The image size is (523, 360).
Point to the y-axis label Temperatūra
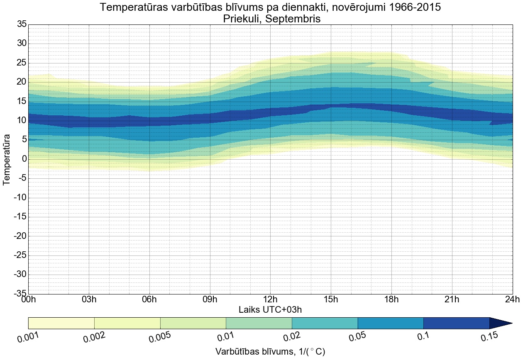(7, 159)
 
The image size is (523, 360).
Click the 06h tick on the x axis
(149, 299)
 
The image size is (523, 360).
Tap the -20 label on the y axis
(20, 236)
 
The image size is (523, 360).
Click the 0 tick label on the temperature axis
(24, 159)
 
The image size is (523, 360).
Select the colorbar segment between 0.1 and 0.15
(456, 323)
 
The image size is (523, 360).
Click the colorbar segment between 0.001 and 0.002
(61, 323)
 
